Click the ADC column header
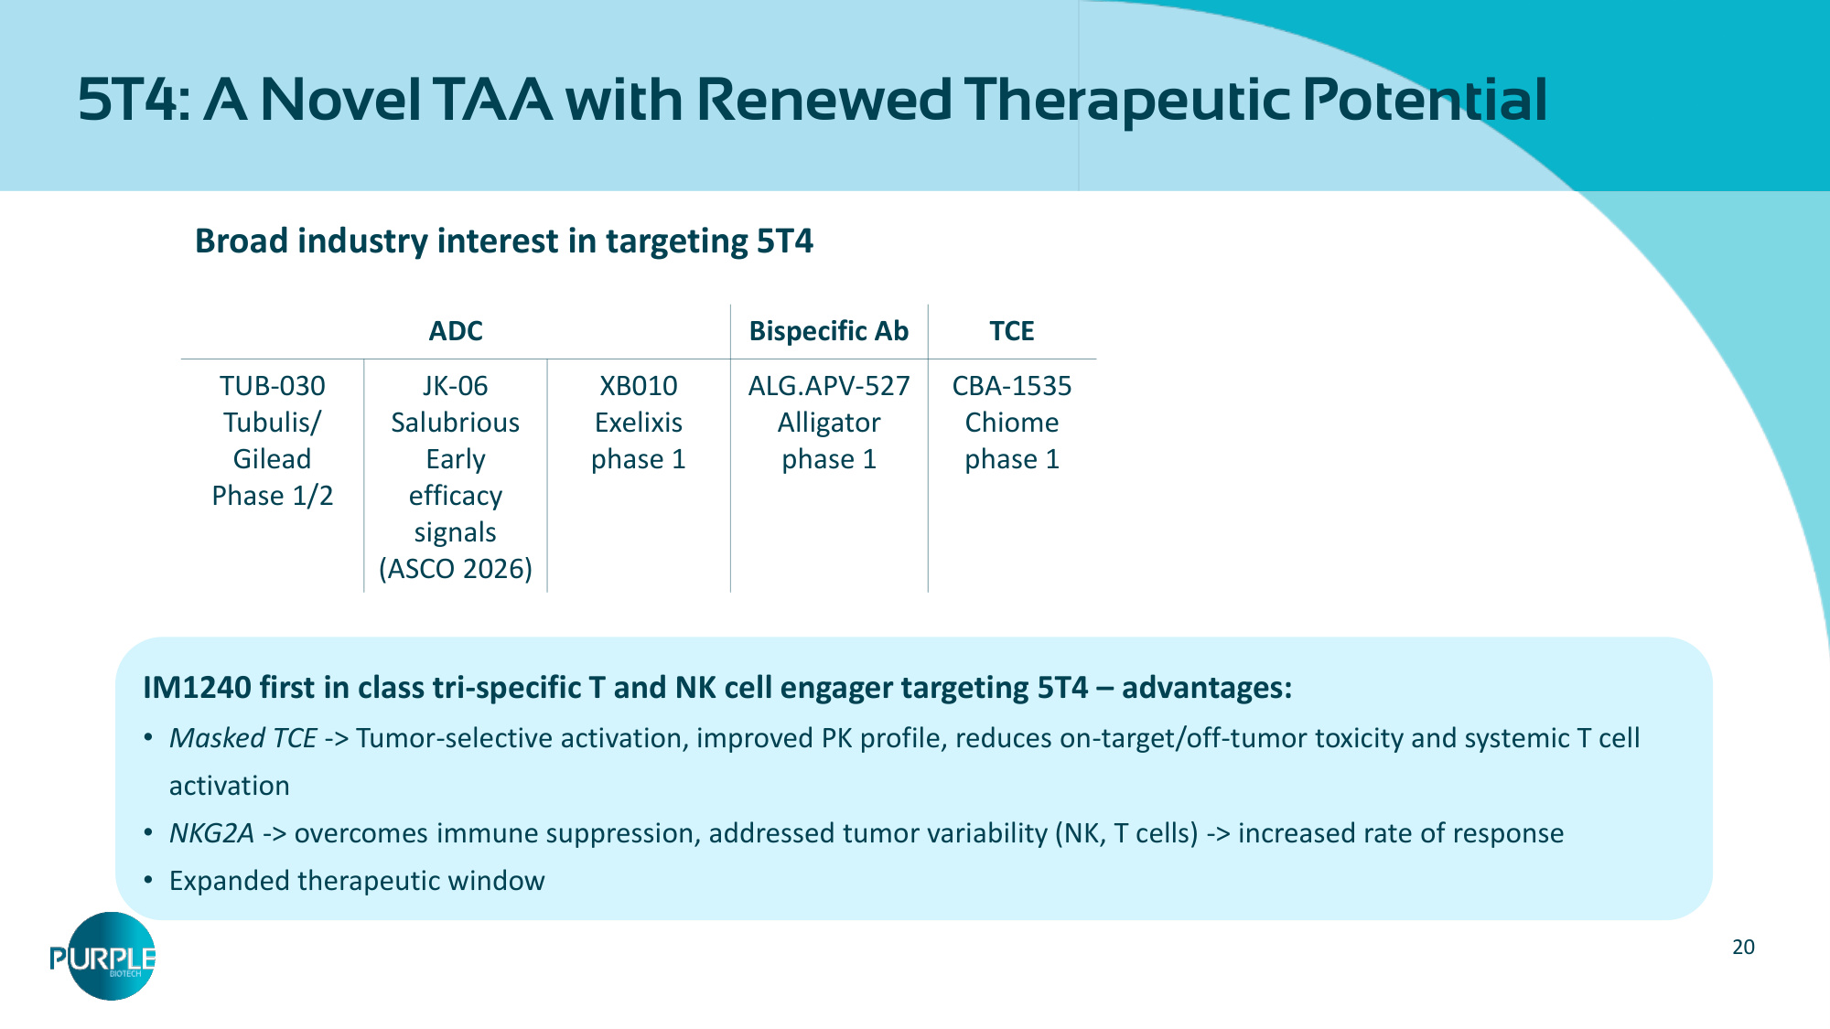pos(456,331)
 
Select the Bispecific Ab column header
pos(829,331)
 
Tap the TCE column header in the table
pos(1012,331)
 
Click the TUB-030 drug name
pos(273,386)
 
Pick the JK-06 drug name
pos(456,386)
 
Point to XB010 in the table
pos(639,386)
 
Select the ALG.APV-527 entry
pos(829,386)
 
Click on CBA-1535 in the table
pos(1012,386)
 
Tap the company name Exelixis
pos(639,423)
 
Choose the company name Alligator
pos(829,423)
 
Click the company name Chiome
pos(1012,423)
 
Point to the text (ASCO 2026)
pos(456,569)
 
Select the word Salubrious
pos(456,423)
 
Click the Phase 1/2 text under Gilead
pos(273,496)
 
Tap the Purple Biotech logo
pos(103,957)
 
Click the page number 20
pos(1744,948)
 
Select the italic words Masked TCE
pos(243,738)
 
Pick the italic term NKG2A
pos(211,833)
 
